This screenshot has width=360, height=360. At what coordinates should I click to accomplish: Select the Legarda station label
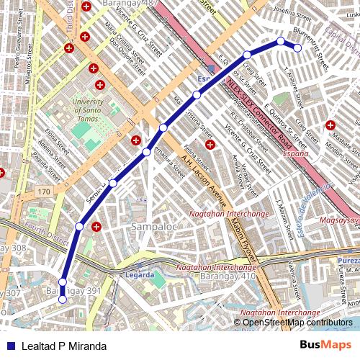point(140,274)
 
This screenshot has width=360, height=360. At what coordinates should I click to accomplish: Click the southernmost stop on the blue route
point(63,300)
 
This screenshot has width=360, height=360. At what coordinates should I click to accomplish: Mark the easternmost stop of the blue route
point(297,48)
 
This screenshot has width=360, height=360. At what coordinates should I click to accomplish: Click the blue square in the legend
point(9,346)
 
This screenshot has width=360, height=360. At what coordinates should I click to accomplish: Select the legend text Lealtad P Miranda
point(63,346)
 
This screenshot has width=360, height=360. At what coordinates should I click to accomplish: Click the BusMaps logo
point(325,346)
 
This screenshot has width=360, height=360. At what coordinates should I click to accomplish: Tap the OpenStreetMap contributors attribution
point(297,323)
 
